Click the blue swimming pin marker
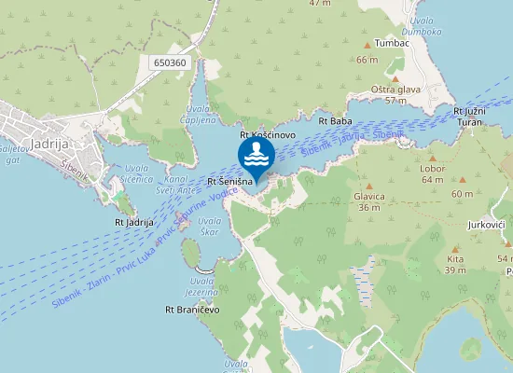point(256,156)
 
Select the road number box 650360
point(167,62)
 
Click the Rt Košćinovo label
point(268,135)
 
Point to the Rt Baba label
point(335,121)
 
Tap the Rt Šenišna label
point(229,181)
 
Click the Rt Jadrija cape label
point(133,222)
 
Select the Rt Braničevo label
point(192,309)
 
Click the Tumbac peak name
point(392,43)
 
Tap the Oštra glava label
point(395,90)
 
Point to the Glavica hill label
point(369,197)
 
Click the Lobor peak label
point(433,169)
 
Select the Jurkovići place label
point(487,226)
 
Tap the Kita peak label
point(455,259)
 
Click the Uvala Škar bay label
point(210,226)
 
